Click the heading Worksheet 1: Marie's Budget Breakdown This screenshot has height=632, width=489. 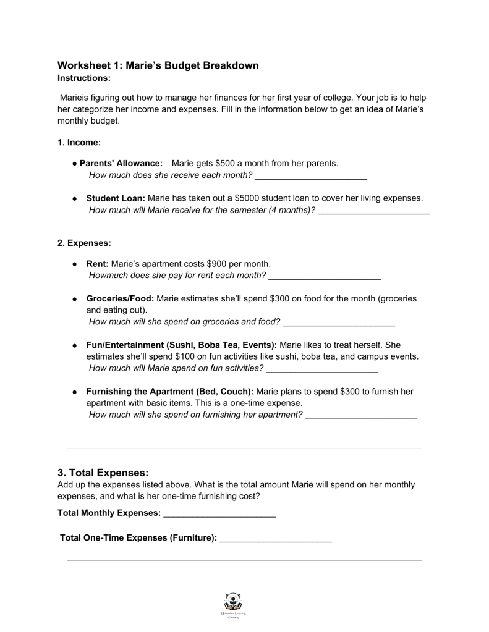coord(158,65)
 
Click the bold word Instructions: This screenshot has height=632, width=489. coord(84,78)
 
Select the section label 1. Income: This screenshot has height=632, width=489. coord(79,143)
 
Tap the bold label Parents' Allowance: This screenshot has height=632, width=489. coord(121,163)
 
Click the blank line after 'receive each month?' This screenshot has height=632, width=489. coord(311,177)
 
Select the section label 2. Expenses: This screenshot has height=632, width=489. coord(84,243)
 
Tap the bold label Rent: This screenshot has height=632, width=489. coord(97,263)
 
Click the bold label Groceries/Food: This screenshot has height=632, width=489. coord(120,298)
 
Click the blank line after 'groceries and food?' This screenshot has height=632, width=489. coord(339,323)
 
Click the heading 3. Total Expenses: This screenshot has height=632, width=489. coord(103,473)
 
